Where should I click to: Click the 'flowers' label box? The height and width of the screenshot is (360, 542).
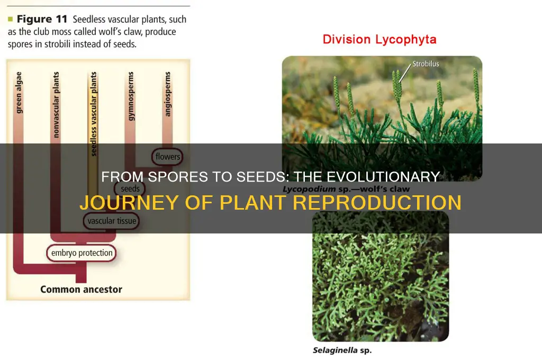tap(167, 157)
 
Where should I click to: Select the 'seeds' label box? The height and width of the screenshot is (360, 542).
tap(130, 189)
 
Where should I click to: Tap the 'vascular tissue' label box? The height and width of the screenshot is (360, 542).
tap(110, 221)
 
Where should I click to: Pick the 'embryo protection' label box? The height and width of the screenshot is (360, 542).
tap(82, 253)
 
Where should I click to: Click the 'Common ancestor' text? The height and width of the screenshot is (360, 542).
tap(81, 290)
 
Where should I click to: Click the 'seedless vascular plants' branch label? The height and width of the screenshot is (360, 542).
tap(94, 114)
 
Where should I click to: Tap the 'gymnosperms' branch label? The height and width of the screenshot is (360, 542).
tap(131, 97)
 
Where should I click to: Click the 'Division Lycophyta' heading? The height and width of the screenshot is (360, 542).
tap(380, 39)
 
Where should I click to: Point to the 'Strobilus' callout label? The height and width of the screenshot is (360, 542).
tap(426, 64)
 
